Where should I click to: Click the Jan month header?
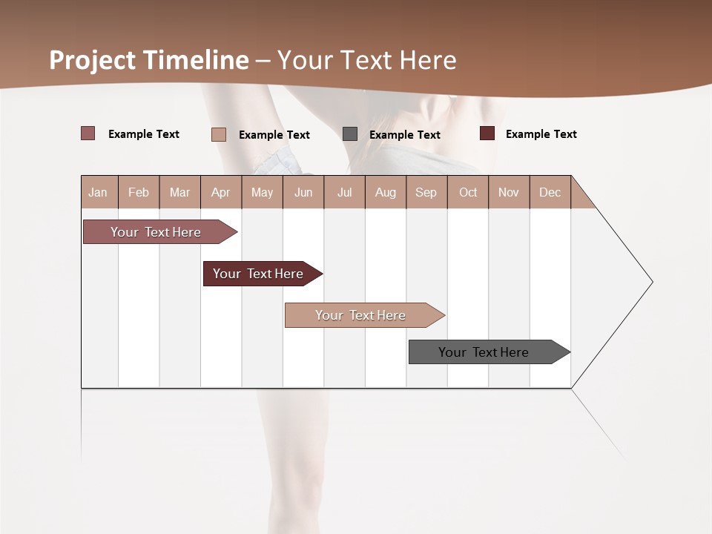click(98, 192)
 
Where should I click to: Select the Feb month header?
click(139, 192)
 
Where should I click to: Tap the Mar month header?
click(179, 192)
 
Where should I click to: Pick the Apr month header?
click(220, 192)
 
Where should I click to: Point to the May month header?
click(262, 192)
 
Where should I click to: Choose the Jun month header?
click(303, 192)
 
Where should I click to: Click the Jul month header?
click(344, 192)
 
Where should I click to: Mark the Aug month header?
click(386, 192)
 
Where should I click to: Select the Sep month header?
click(426, 192)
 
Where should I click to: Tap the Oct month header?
click(468, 192)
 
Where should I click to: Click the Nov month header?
click(509, 192)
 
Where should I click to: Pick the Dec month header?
click(550, 192)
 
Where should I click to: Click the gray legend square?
click(350, 133)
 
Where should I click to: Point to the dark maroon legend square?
click(487, 133)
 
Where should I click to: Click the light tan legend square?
click(219, 134)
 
